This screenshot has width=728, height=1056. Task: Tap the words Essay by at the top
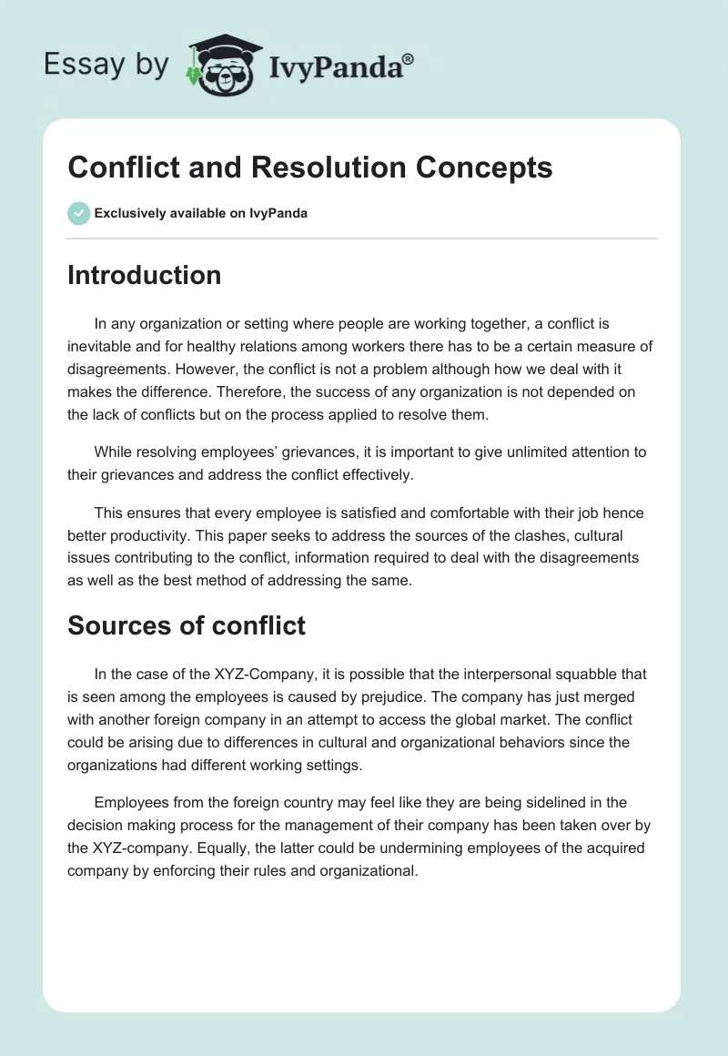point(106,64)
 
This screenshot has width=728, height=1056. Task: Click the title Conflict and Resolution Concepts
point(310,168)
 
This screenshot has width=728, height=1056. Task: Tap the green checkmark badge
point(78,213)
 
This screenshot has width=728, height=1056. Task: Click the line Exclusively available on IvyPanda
point(200,213)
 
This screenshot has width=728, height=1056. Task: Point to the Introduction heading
point(144,275)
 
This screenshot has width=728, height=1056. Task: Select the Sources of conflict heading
point(186,625)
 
